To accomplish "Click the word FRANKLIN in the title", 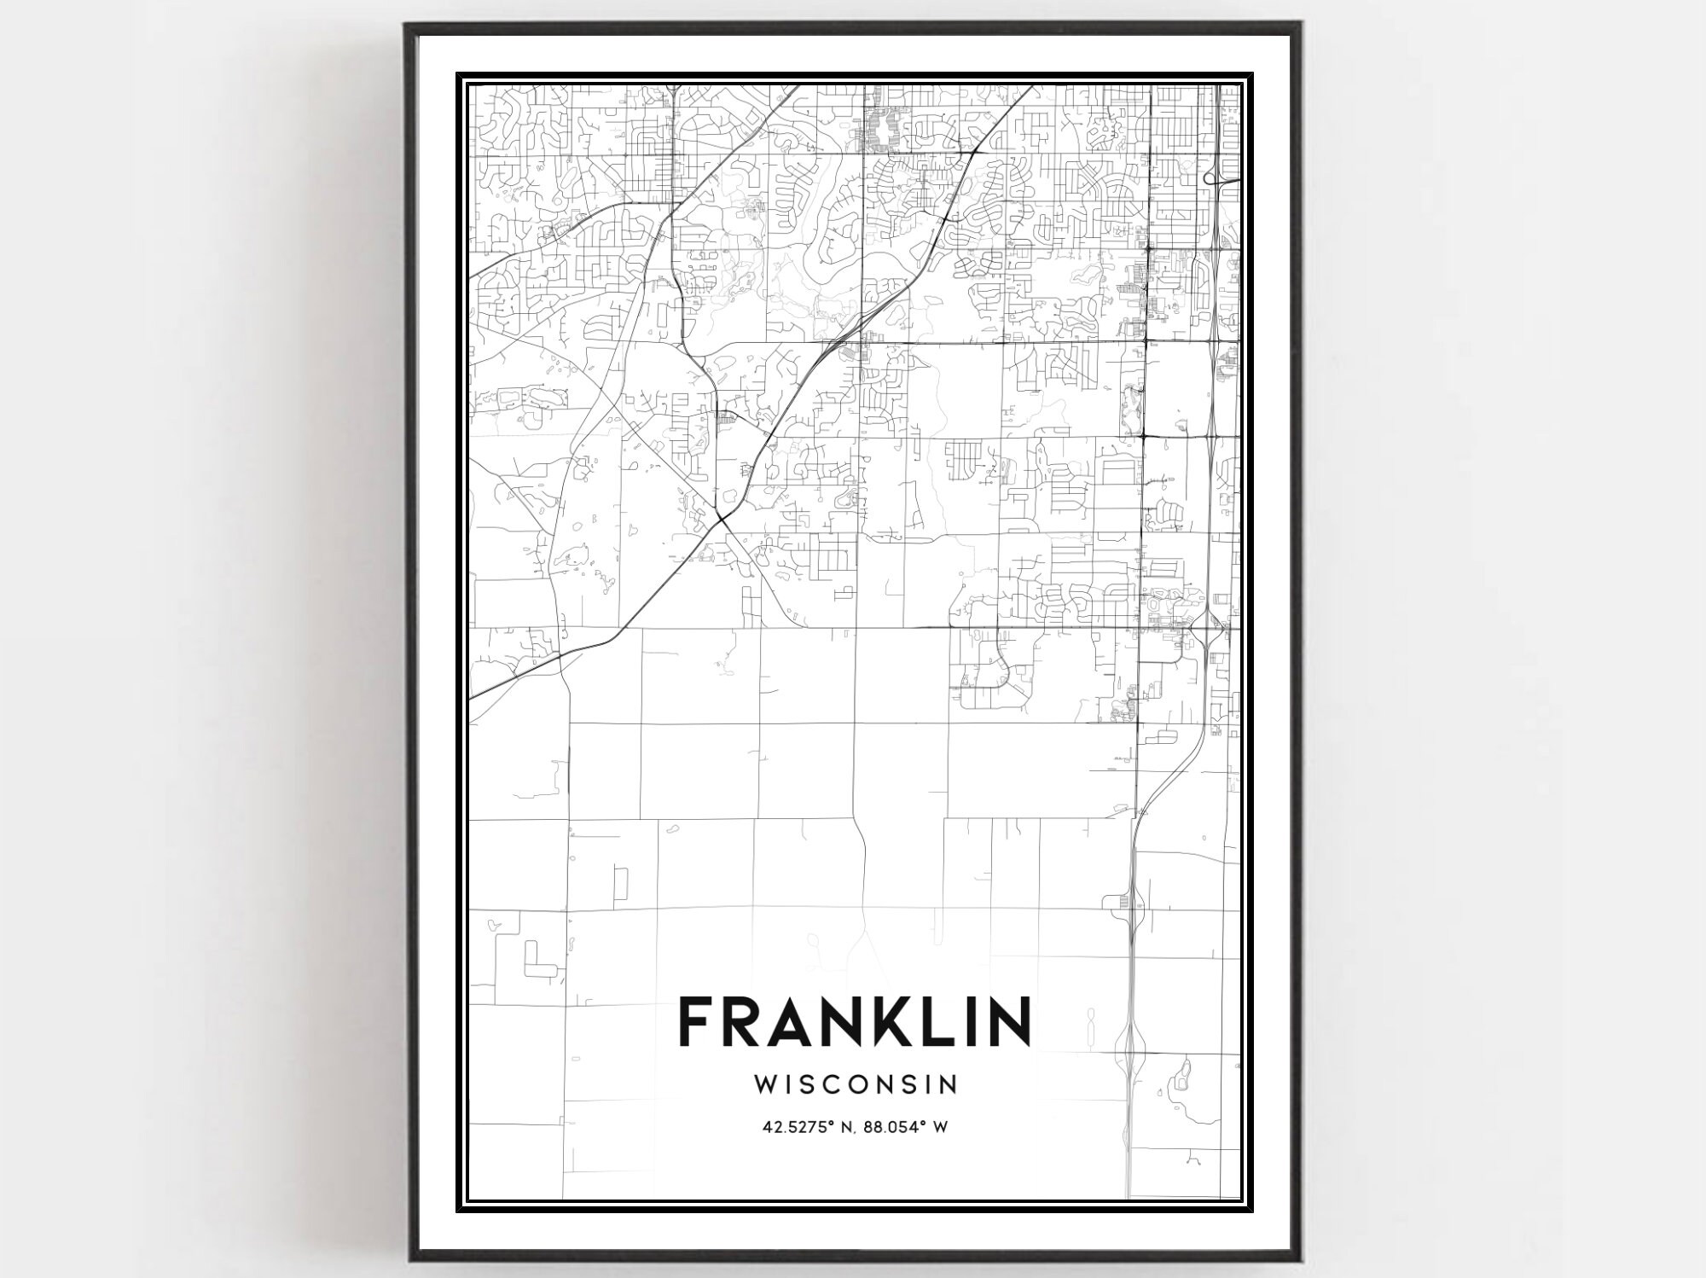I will coord(854,1022).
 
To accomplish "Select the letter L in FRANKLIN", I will coord(938,1022).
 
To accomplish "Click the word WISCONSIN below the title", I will coord(856,1084).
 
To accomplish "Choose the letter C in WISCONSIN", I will coord(840,1084).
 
